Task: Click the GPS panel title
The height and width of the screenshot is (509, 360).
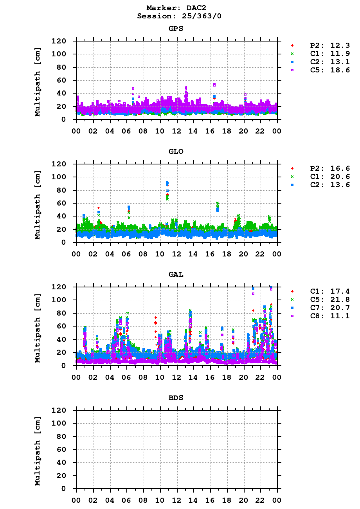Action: (x=176, y=29)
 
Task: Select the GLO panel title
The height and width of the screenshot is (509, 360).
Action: (x=176, y=152)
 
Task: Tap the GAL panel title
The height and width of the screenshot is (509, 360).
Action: (x=176, y=274)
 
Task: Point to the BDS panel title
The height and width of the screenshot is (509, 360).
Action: (x=176, y=398)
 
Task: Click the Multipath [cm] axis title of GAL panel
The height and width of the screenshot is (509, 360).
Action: (x=38, y=326)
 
